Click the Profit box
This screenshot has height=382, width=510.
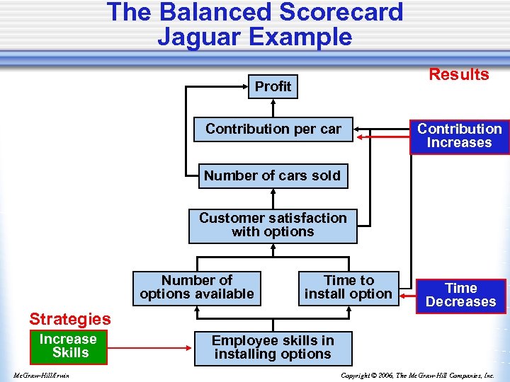[273, 86]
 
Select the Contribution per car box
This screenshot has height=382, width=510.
[273, 129]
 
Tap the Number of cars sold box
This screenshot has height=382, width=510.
[273, 175]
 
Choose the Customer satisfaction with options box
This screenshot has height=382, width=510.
[273, 225]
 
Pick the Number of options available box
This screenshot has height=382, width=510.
[197, 287]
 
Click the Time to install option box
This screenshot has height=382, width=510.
[348, 287]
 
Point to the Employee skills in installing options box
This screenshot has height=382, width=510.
[273, 347]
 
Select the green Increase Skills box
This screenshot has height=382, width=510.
[68, 346]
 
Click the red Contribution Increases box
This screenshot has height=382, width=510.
[459, 136]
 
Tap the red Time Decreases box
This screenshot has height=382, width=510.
[460, 295]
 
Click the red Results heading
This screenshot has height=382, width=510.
[459, 74]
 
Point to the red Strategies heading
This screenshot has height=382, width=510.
[70, 319]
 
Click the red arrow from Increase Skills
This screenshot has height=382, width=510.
[149, 347]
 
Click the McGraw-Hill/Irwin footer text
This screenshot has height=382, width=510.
[40, 376]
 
